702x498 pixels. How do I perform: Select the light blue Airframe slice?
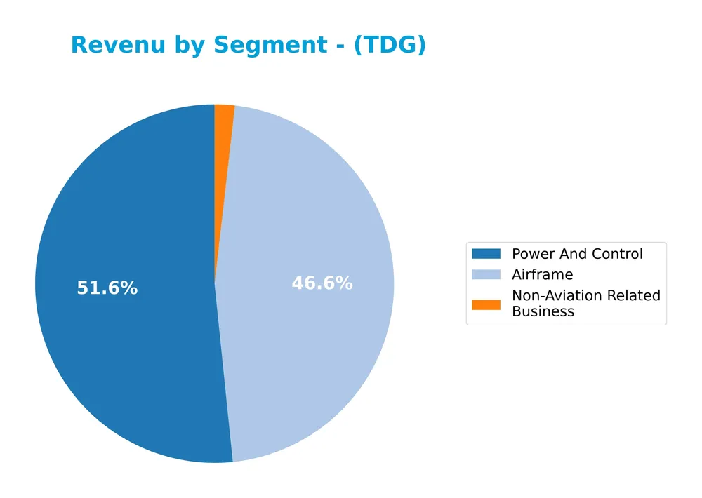point(309,210)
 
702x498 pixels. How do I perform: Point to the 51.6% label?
point(107,288)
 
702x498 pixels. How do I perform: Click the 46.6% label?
point(322,283)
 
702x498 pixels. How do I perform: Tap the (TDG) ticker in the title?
point(390,46)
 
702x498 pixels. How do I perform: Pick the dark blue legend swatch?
point(486,254)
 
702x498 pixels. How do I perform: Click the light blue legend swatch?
point(486,274)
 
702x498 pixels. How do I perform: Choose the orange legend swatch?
point(486,304)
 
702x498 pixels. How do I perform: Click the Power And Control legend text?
point(577,254)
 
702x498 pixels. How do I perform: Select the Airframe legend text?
point(543,274)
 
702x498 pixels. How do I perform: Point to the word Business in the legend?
point(543,311)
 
